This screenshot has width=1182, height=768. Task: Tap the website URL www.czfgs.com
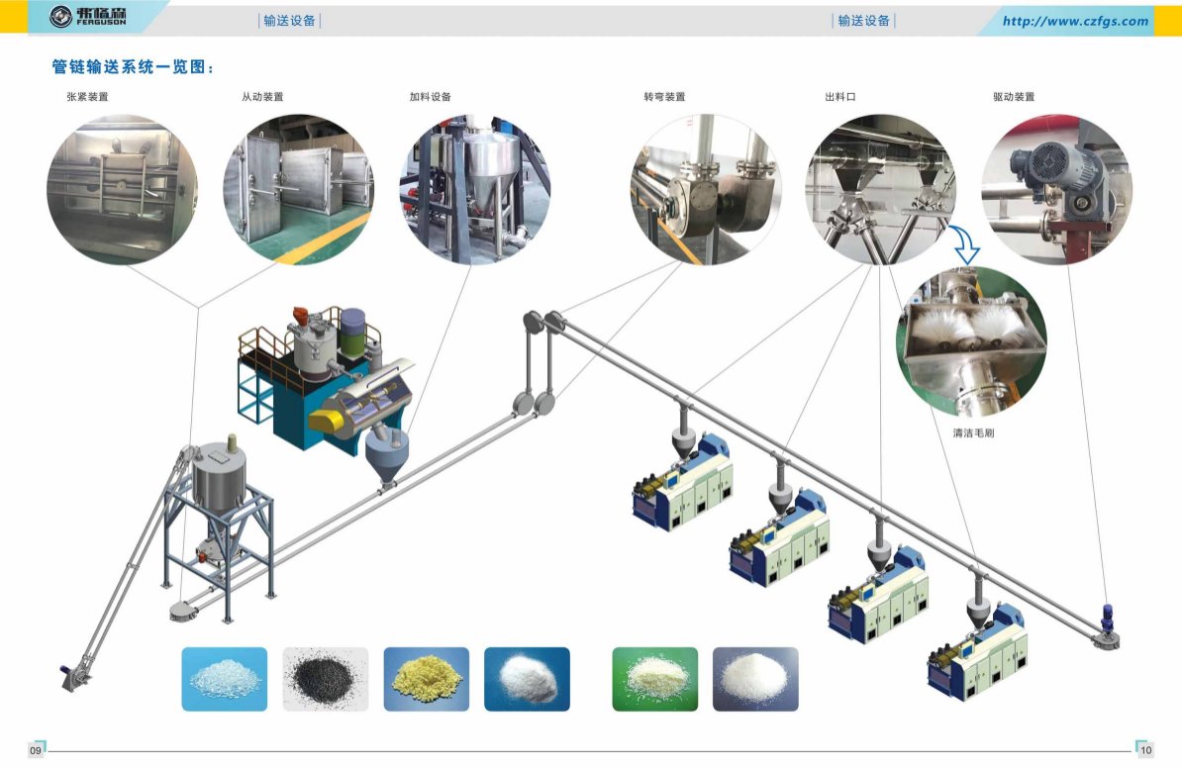point(1075,21)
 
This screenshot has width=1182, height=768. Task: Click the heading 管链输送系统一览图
point(133,67)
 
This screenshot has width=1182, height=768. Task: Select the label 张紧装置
point(87,97)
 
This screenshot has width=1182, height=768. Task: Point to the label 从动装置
point(262,97)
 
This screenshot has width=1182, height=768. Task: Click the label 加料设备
point(431,97)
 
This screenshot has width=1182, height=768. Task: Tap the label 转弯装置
point(664,97)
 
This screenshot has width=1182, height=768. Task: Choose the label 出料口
point(839,97)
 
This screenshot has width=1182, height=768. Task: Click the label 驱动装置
point(1014,97)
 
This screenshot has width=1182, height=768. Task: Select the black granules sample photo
point(326,679)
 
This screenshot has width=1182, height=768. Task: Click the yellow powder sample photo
point(426,679)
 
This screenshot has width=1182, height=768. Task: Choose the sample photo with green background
point(654,679)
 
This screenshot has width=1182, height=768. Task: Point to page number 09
point(36,751)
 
